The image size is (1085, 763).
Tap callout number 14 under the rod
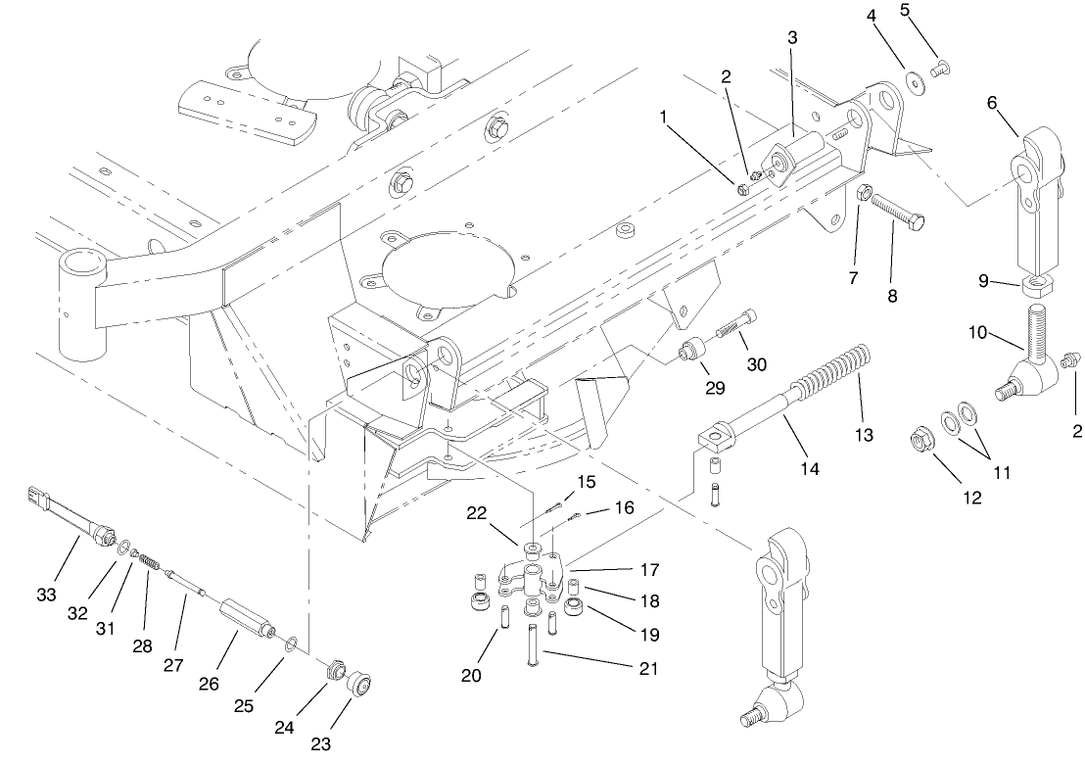(x=809, y=468)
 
